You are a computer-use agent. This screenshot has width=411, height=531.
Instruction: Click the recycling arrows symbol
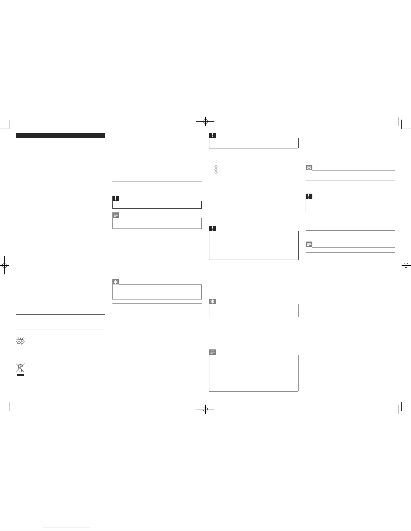(x=20, y=341)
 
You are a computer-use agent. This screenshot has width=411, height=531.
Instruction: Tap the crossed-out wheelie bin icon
(x=20, y=368)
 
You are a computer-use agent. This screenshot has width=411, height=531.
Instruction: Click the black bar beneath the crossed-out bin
(x=20, y=375)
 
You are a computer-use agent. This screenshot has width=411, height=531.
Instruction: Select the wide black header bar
(x=60, y=135)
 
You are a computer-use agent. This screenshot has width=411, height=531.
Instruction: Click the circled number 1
(x=216, y=167)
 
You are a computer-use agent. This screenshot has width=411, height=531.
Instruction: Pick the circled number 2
(x=216, y=170)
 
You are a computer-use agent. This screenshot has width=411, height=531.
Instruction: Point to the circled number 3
(x=216, y=173)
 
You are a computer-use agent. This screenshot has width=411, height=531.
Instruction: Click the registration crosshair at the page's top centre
(x=205, y=121)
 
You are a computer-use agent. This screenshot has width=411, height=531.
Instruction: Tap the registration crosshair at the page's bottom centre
(x=205, y=409)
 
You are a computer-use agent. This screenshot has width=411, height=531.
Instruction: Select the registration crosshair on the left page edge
(x=4, y=265)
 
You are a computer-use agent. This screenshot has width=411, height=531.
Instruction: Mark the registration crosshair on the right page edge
(x=406, y=265)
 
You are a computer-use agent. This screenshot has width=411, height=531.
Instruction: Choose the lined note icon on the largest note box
(x=212, y=352)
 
